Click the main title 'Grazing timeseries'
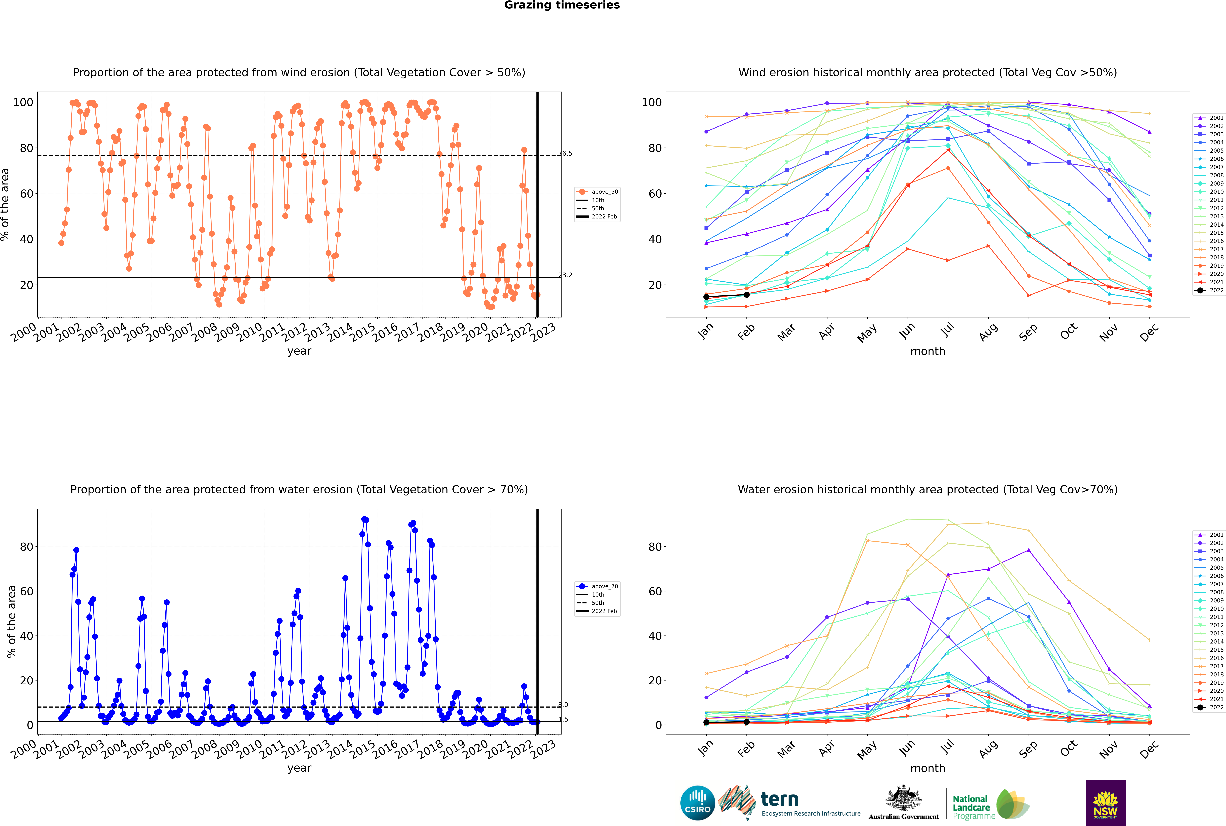click(x=562, y=5)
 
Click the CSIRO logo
click(x=697, y=803)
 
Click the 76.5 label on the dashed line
click(x=565, y=153)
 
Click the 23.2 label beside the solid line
click(x=565, y=275)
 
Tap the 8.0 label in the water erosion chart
click(x=563, y=705)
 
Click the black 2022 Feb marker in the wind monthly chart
click(x=746, y=294)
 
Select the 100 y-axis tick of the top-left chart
click(x=23, y=102)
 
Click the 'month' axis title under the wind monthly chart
click(x=928, y=351)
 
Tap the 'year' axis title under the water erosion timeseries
click(x=299, y=768)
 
